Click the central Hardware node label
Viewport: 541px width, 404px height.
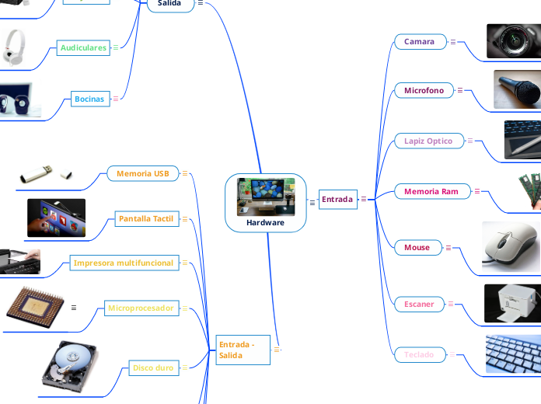(265, 222)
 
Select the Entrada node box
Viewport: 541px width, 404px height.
(337, 200)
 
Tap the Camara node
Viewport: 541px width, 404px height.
(420, 42)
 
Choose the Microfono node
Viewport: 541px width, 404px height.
(424, 91)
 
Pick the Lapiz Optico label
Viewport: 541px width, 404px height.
(428, 141)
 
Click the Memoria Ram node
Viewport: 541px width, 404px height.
(431, 191)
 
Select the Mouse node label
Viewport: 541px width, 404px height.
(417, 248)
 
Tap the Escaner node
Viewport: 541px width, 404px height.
(419, 304)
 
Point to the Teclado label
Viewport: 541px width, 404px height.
(419, 355)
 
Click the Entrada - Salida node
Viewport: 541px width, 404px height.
(242, 350)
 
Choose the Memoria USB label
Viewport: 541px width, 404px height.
(143, 173)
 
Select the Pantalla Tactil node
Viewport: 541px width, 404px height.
(146, 219)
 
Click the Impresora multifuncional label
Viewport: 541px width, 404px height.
(124, 263)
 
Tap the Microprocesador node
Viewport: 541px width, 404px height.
(141, 308)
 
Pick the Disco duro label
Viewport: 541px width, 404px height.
(153, 368)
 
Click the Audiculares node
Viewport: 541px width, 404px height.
(82, 48)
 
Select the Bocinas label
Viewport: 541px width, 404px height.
(89, 99)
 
